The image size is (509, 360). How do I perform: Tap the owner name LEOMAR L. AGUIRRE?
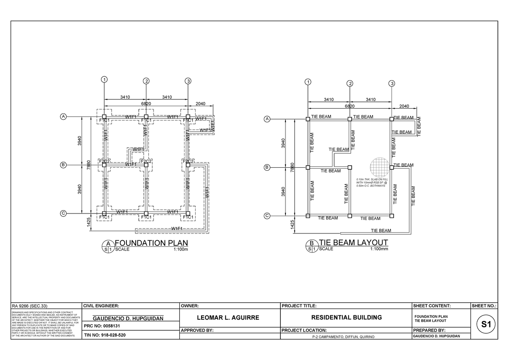230,318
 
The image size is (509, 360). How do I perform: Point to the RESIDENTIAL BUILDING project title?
346,318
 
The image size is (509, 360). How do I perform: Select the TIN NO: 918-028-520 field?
105,335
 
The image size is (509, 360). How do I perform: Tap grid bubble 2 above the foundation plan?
146,81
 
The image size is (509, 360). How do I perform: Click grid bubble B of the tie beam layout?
267,168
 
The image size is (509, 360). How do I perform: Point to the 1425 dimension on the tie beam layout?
293,225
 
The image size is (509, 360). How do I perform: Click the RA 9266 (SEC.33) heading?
30,305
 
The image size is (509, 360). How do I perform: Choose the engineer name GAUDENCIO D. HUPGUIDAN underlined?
128,318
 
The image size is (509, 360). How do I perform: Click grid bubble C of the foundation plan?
63,213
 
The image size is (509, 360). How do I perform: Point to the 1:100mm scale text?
379,249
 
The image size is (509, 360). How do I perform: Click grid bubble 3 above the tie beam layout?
392,83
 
